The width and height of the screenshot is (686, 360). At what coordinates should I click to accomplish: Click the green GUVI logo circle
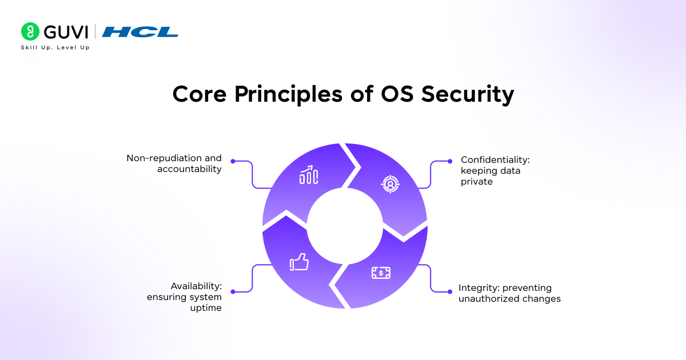[30, 31]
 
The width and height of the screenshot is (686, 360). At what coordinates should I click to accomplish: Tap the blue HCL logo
[140, 32]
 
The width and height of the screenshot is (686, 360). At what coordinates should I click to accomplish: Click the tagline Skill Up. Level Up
[55, 47]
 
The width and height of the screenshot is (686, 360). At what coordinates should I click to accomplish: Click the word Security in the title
[468, 94]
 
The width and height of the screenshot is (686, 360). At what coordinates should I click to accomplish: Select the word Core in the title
[200, 94]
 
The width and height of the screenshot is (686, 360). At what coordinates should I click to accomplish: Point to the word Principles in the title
[288, 95]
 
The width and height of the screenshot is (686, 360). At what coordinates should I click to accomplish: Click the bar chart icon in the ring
[309, 175]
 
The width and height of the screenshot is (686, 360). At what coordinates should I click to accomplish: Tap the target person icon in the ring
[390, 184]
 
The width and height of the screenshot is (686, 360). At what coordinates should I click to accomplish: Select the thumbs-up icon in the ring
[299, 262]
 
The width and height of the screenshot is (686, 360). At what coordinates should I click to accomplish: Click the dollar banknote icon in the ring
[381, 273]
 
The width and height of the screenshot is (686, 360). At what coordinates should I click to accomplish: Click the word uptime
[206, 308]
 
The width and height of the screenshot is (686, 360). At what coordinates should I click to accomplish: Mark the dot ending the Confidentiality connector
[450, 161]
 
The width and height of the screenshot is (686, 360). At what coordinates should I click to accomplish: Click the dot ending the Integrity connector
[450, 292]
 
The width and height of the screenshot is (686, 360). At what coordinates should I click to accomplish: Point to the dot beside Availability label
[233, 292]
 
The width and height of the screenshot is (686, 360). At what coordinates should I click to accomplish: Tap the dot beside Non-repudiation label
[233, 161]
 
